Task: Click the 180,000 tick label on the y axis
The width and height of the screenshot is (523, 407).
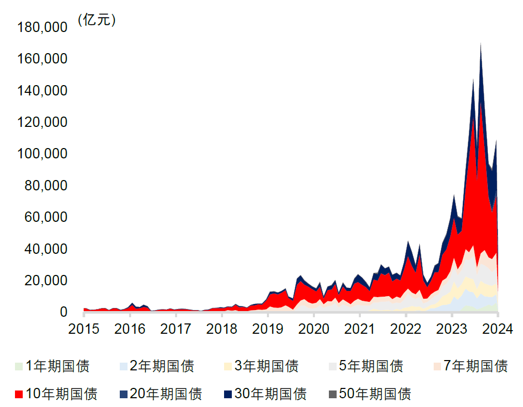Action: [42, 27]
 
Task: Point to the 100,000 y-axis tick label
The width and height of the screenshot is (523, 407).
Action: [42, 154]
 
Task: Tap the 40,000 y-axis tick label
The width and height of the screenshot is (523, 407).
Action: [45, 249]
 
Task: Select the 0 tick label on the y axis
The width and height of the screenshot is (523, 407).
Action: [64, 312]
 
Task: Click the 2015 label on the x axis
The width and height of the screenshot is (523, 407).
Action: [84, 329]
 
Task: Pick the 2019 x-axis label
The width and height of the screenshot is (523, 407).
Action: [267, 329]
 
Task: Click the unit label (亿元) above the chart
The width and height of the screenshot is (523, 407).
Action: [97, 20]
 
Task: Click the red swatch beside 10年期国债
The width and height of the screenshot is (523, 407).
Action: [19, 395]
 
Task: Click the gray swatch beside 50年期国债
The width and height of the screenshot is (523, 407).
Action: [332, 395]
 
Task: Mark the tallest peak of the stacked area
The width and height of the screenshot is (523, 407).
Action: [481, 43]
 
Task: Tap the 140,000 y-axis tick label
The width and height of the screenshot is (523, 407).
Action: [42, 90]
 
